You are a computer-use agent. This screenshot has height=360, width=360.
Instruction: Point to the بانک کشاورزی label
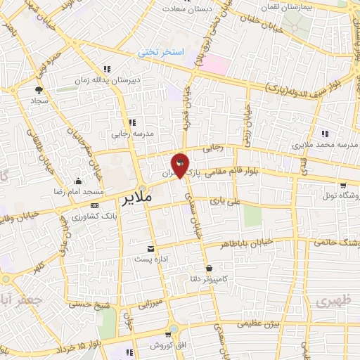tap(78, 214)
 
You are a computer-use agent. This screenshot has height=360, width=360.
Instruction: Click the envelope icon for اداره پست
tap(150, 249)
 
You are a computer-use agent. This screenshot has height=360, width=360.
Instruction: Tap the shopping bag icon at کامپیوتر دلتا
tap(210, 268)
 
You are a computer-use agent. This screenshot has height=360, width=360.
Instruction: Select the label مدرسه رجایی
tap(129, 132)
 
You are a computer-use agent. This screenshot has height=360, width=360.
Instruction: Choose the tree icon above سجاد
tap(39, 90)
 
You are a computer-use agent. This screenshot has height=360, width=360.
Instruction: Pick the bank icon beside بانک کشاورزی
tap(94, 205)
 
